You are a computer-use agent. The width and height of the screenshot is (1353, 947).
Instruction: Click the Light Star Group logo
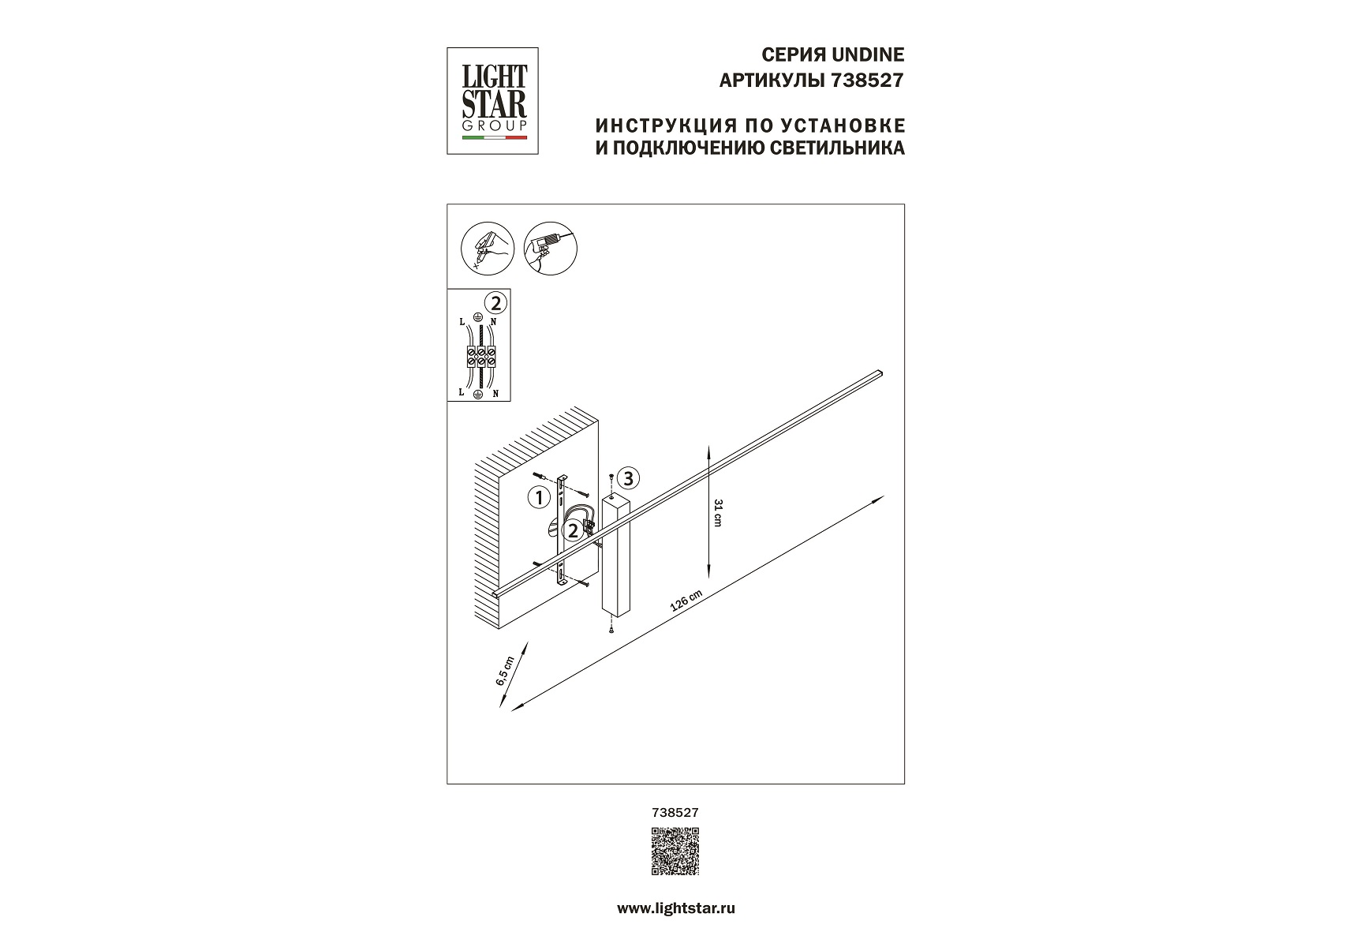[493, 100]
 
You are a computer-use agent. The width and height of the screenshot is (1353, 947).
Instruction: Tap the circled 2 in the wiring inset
[496, 302]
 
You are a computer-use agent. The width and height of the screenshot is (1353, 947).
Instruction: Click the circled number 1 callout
[539, 497]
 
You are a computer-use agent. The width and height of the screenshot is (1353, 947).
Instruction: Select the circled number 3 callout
[628, 477]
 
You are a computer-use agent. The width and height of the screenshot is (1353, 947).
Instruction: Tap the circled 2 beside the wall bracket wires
[574, 530]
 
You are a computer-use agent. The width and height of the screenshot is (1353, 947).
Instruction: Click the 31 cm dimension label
[717, 514]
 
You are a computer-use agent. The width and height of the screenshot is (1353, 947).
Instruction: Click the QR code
[675, 852]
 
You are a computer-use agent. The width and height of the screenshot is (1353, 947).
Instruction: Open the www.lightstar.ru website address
[675, 909]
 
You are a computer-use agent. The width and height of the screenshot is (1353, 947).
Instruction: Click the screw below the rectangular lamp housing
[611, 650]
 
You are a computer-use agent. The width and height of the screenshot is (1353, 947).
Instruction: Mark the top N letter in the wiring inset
[493, 322]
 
